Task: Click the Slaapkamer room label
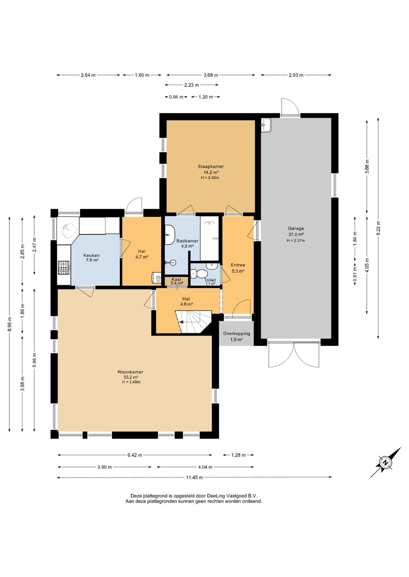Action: click(x=211, y=166)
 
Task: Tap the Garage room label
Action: click(x=296, y=228)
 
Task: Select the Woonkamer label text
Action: click(x=130, y=372)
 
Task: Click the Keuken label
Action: click(x=91, y=255)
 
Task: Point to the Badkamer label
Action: click(x=187, y=241)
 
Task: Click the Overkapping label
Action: click(x=236, y=333)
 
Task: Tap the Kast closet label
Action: click(x=176, y=279)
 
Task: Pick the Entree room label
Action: click(x=238, y=265)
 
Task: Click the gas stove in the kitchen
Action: click(x=64, y=268)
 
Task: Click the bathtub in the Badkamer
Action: click(x=209, y=238)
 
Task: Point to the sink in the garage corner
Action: click(x=266, y=125)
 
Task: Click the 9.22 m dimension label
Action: click(x=378, y=228)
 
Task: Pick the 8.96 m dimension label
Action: click(x=9, y=324)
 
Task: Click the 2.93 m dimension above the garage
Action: click(x=296, y=75)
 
